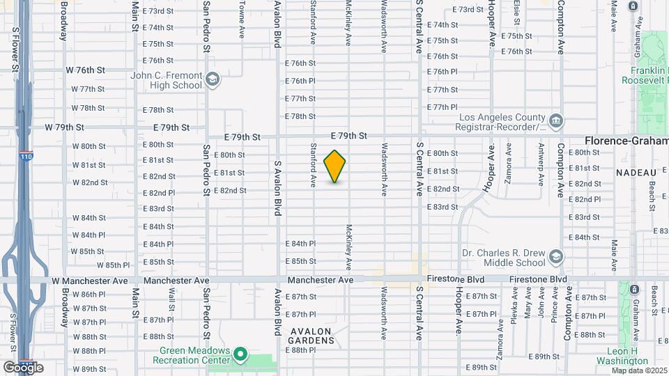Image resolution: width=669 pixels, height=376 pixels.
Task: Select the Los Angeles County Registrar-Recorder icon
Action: (555, 120)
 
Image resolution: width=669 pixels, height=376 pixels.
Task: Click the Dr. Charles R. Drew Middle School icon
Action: (555, 257)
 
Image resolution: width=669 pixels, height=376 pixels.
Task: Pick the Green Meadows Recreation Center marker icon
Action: (240, 355)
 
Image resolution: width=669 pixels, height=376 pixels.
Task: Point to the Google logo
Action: (23, 368)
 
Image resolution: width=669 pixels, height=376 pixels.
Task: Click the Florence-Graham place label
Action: (626, 140)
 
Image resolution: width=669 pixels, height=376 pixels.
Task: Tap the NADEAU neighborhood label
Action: (637, 172)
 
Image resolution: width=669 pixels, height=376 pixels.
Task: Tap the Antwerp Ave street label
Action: (541, 164)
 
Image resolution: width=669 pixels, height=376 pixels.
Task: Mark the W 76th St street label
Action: (85, 70)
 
